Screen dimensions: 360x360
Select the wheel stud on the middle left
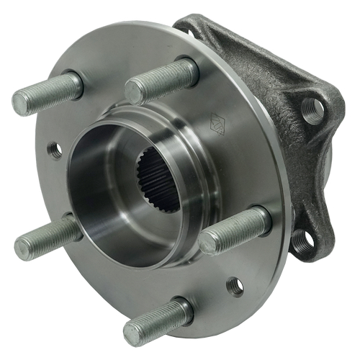47,238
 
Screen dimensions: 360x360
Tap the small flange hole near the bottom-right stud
235,286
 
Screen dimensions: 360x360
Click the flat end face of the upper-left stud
22,104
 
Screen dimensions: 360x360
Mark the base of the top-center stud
189,71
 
